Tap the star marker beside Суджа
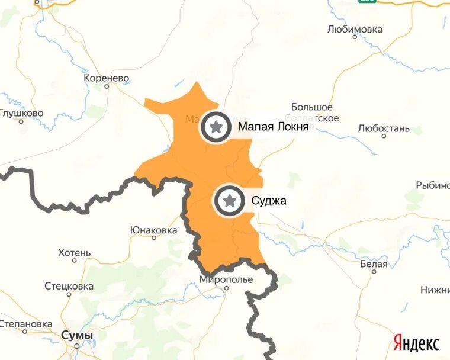point(230,201)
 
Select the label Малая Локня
point(273,126)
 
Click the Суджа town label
point(269,201)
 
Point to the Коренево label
point(107,78)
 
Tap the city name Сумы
point(77,336)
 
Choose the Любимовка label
point(355,29)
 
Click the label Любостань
point(384,128)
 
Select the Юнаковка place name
point(153,230)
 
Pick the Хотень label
point(75,253)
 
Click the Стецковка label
point(69,286)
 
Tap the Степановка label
point(26,324)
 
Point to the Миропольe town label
point(226,279)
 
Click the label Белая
point(374,264)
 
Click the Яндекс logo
point(416,342)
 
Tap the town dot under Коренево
point(107,86)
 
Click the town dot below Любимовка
point(355,37)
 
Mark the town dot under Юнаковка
point(154,237)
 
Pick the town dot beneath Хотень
point(75,261)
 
